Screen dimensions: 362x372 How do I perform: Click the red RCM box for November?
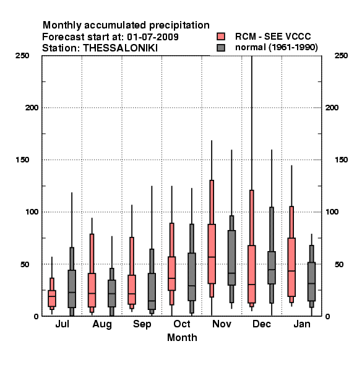click(x=212, y=254)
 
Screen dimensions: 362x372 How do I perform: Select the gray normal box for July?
click(x=72, y=289)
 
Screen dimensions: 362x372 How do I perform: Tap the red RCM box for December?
click(x=252, y=274)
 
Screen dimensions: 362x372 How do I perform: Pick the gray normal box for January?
click(x=312, y=281)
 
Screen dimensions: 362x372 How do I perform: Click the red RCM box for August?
click(x=92, y=290)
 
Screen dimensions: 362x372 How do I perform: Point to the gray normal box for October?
click(x=192, y=277)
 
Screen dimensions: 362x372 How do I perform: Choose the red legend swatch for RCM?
click(x=221, y=37)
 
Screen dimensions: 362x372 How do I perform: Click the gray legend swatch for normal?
click(x=221, y=48)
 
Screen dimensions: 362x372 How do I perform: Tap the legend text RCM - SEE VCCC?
click(x=273, y=37)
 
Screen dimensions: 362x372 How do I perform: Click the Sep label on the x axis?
click(x=142, y=324)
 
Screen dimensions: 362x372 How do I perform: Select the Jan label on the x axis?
click(x=302, y=324)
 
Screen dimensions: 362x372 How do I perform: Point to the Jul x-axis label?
click(x=62, y=324)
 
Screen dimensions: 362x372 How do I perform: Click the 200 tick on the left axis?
click(x=32, y=108)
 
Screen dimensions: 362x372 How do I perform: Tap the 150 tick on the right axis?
click(x=341, y=160)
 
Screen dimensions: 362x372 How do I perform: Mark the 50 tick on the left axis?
click(x=25, y=264)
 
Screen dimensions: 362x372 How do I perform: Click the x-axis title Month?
click(x=182, y=338)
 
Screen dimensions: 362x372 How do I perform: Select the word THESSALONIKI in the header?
click(x=120, y=48)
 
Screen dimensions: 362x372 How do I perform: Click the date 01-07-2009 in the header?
click(x=153, y=37)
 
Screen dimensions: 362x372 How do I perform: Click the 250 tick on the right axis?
click(x=341, y=56)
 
